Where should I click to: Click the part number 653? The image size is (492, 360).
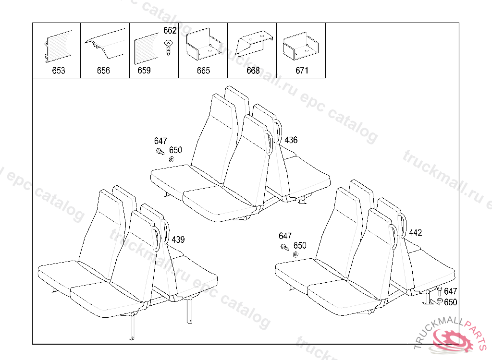point(59,71)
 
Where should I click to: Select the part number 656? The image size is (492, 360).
point(103,71)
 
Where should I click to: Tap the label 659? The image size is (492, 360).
point(144,71)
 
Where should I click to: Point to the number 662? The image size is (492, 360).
point(170,31)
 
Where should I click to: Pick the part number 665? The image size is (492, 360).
point(203,71)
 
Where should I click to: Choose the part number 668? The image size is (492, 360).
point(253,71)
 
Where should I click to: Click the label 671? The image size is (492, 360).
point(302,71)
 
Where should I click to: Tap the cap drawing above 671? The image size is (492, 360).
point(301,46)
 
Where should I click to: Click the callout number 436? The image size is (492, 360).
point(291,140)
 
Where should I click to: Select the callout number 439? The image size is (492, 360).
point(178,240)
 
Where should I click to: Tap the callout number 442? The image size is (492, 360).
point(415,233)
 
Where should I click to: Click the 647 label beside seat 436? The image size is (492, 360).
point(160,141)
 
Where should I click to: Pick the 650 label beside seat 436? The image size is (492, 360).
point(175,150)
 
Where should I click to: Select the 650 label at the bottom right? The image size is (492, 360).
point(450,302)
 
